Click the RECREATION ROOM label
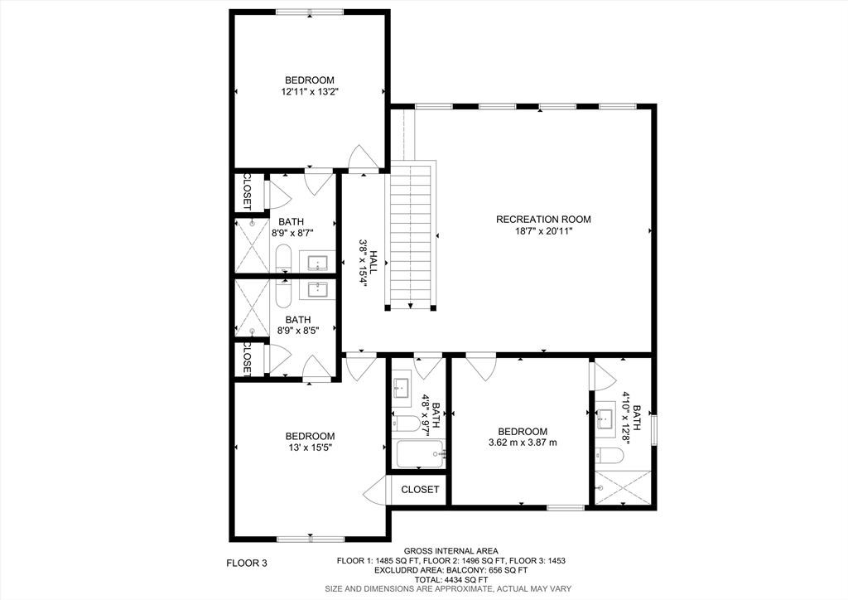pyautogui.click(x=543, y=220)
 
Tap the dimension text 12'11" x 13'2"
pyautogui.click(x=310, y=93)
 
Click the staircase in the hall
pyautogui.click(x=411, y=236)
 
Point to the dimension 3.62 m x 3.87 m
pyautogui.click(x=523, y=443)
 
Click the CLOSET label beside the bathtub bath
pyautogui.click(x=420, y=490)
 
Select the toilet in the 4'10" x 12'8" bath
pyautogui.click(x=609, y=456)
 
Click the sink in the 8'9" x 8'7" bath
pyautogui.click(x=318, y=264)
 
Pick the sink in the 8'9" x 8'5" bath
pyautogui.click(x=318, y=289)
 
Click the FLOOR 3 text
pyautogui.click(x=247, y=564)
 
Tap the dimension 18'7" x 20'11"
pyautogui.click(x=543, y=231)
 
